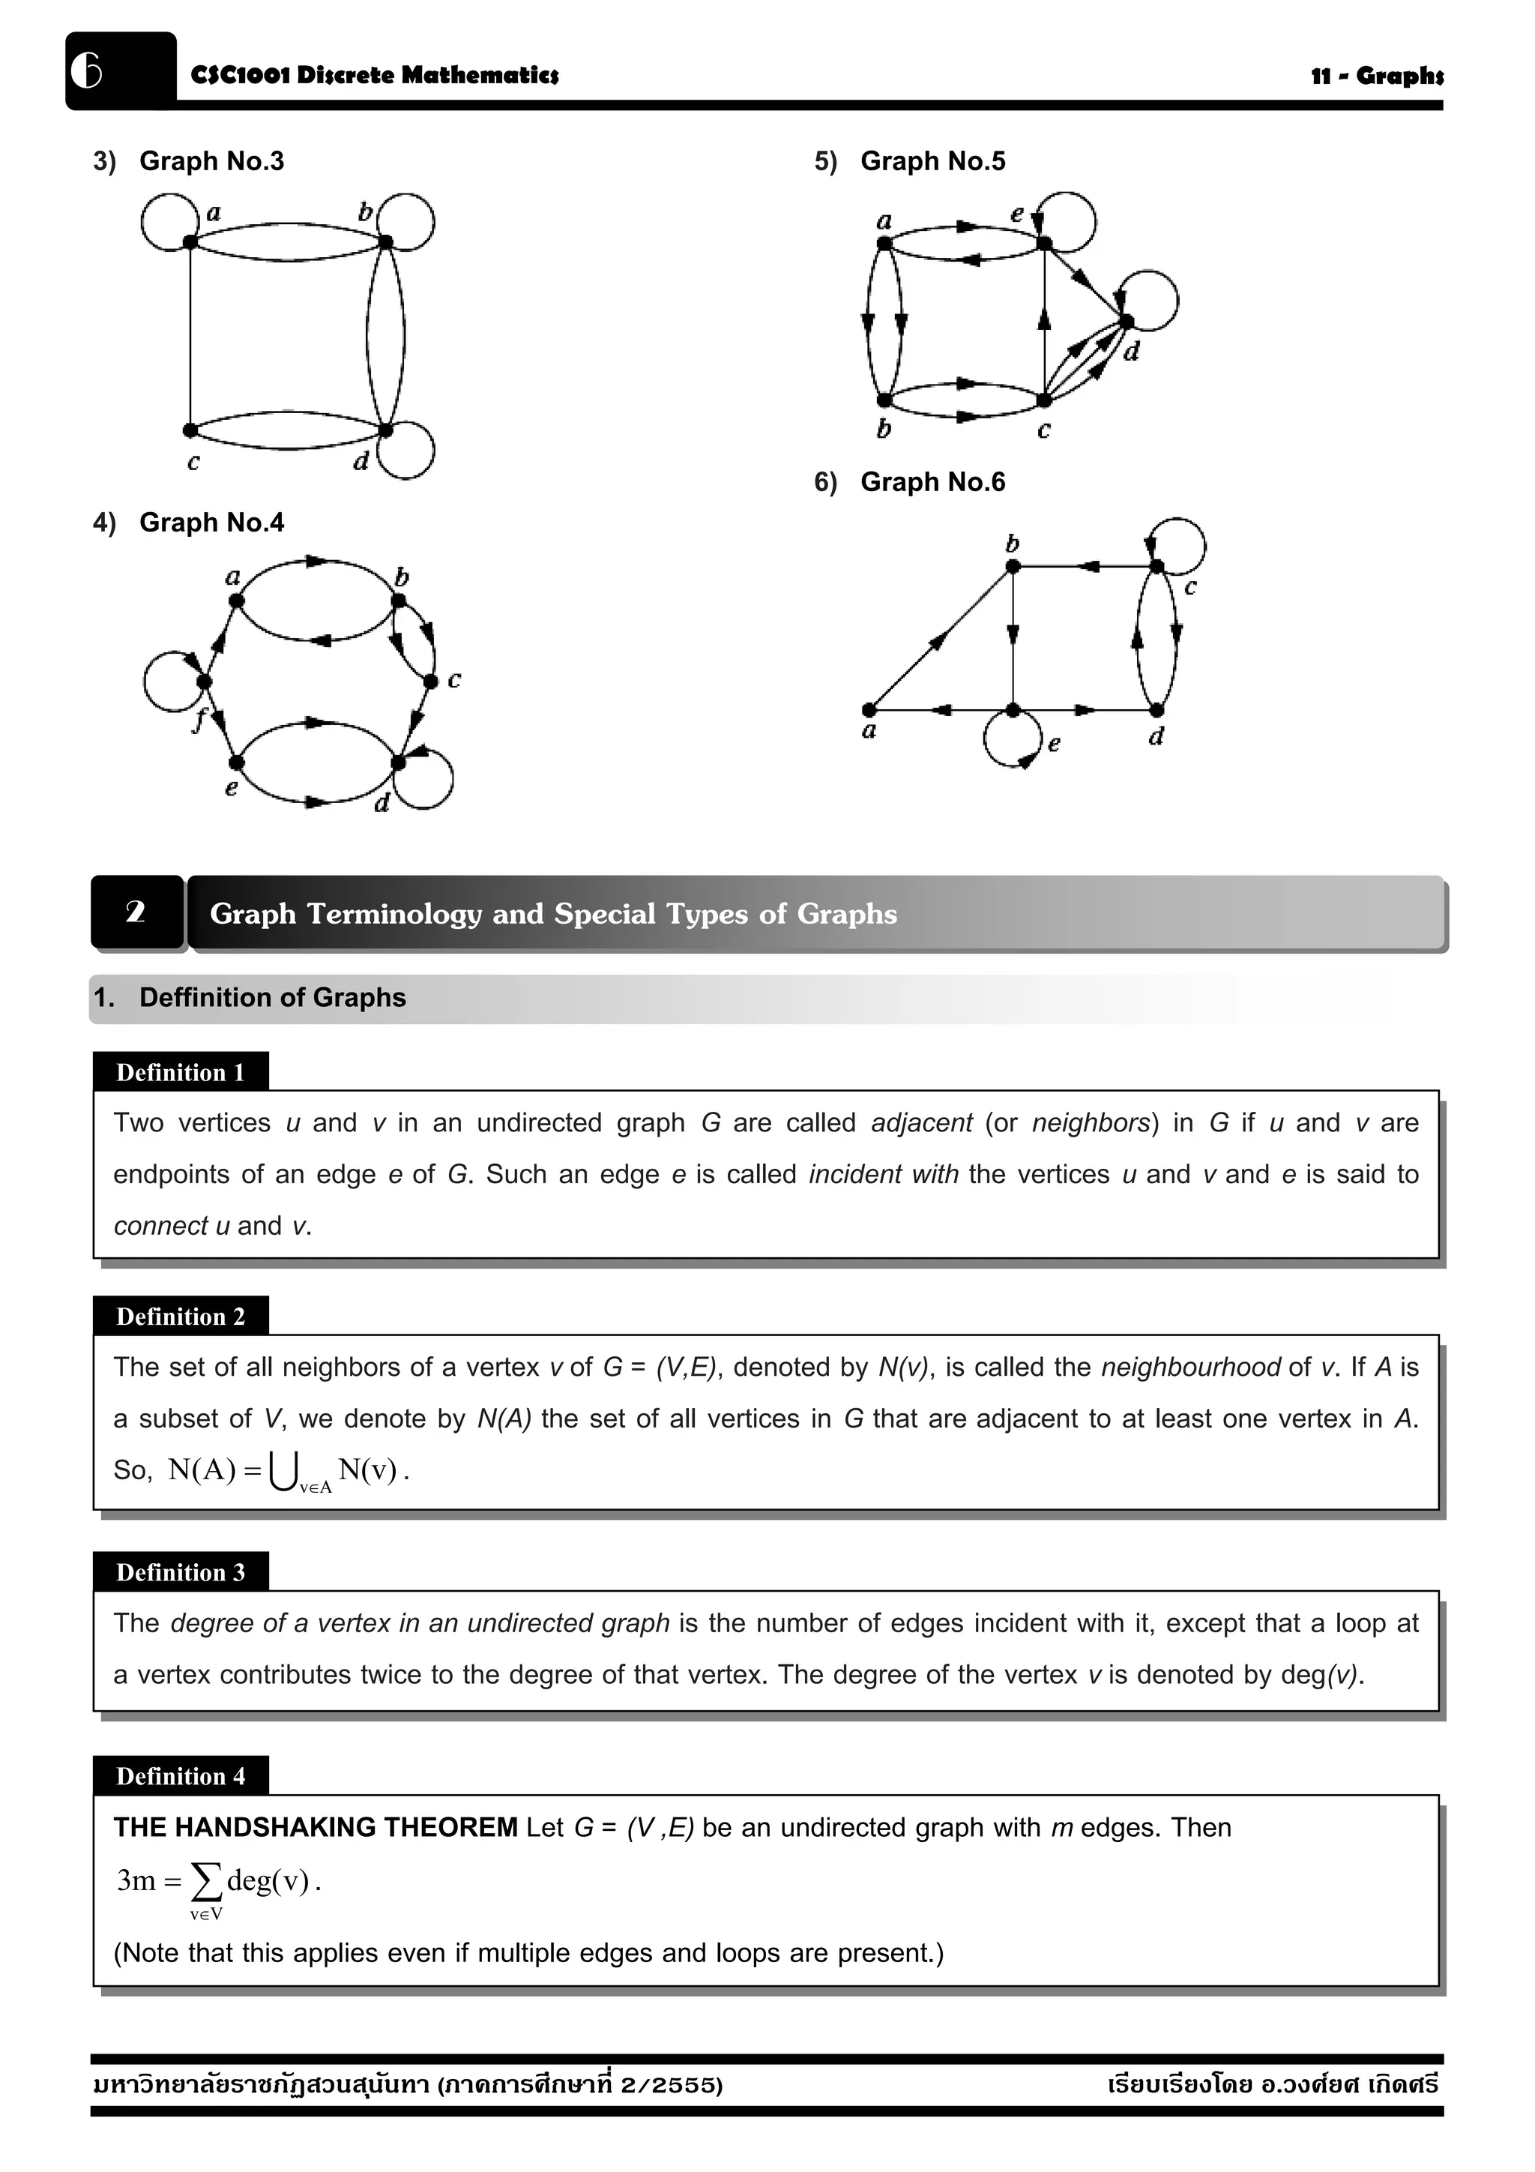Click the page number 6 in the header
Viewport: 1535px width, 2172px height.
(86, 71)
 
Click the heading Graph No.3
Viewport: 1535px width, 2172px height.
(211, 162)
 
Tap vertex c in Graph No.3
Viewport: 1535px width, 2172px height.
(190, 430)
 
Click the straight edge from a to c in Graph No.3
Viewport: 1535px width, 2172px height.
(190, 336)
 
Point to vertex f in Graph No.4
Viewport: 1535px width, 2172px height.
(203, 681)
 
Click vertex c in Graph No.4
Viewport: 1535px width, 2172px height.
(430, 681)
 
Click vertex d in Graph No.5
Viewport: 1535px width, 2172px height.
(1127, 322)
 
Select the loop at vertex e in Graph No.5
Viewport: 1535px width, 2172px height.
(1070, 220)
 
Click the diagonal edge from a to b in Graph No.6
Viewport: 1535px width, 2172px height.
(940, 639)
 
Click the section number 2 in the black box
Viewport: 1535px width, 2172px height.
(135, 912)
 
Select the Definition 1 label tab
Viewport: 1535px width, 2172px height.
(181, 1072)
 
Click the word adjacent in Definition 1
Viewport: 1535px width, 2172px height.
(921, 1123)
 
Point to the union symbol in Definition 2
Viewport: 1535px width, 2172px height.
(282, 1471)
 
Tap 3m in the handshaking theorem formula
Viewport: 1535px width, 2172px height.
(136, 1880)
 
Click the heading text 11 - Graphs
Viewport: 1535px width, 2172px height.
(1376, 76)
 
